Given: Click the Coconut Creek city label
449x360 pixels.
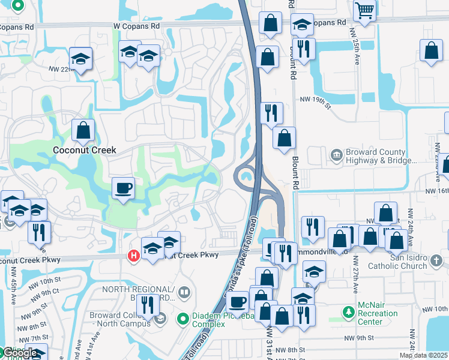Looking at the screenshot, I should click(84, 150).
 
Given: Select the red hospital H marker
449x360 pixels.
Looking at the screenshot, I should click(134, 256).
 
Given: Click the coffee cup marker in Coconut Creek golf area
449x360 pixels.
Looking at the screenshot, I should click(124, 189).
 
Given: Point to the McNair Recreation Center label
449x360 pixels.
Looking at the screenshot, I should click(378, 313).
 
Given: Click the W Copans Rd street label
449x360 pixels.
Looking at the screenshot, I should click(137, 26).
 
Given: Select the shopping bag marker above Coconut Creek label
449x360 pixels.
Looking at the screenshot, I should click(83, 129).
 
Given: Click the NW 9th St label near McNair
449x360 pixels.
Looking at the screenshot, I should click(373, 338).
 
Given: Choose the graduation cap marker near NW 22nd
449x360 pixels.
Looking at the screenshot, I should click(80, 59).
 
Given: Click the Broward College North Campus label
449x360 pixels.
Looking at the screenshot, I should click(121, 320).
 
